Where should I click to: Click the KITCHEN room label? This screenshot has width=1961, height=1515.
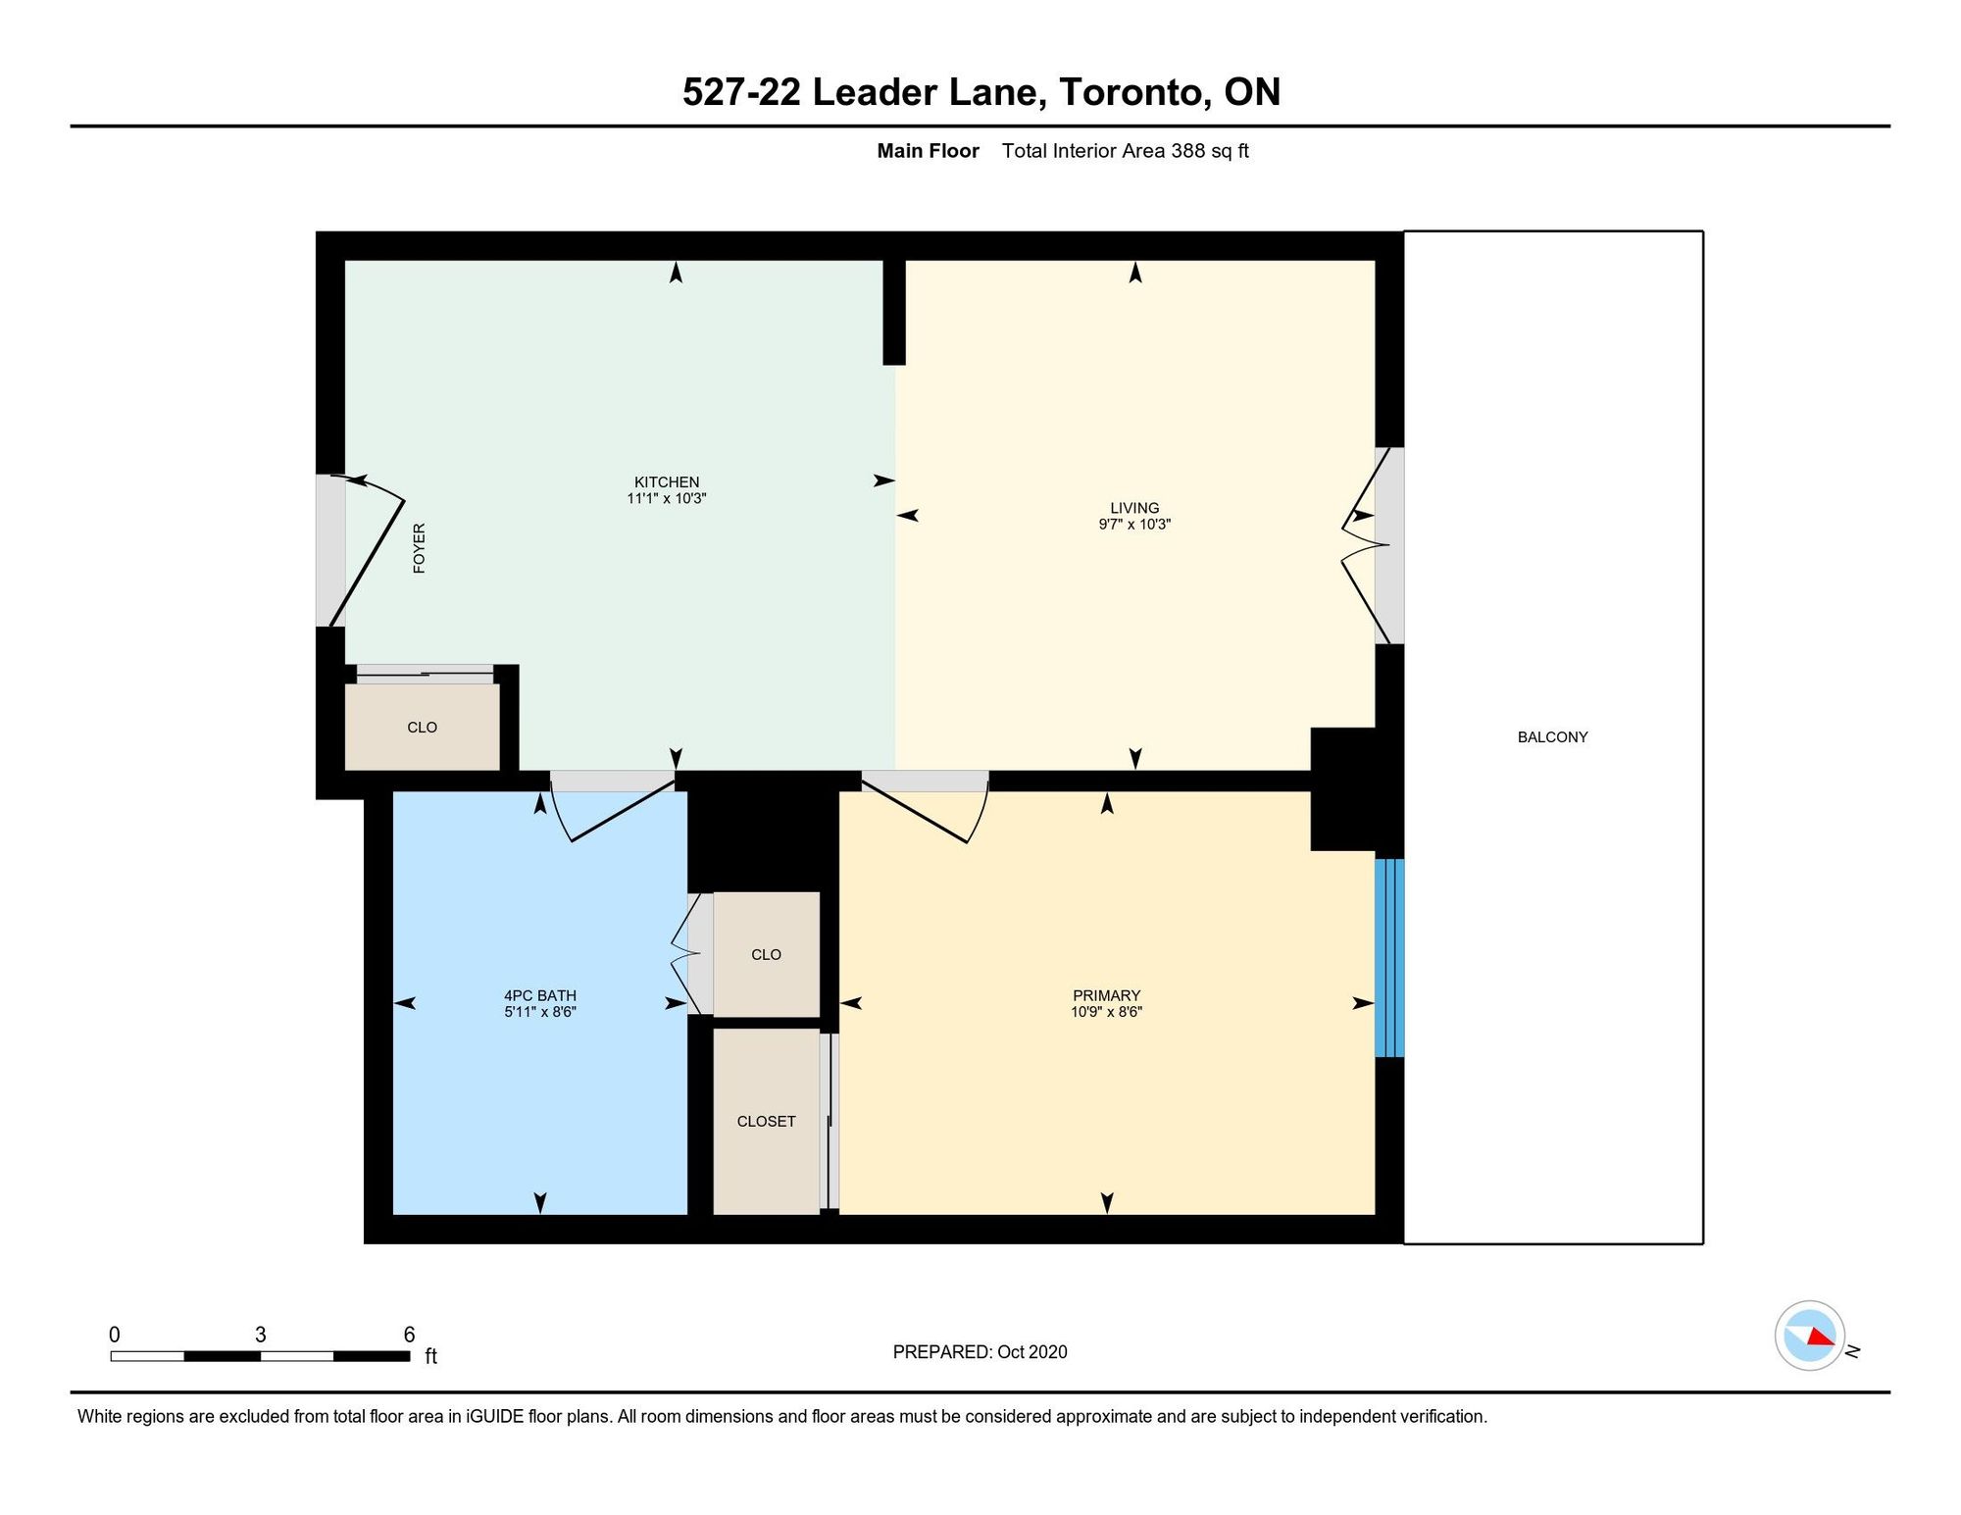(667, 481)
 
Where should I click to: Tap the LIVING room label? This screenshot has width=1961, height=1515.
(1134, 508)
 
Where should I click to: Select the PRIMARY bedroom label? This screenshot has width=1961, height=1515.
(1106, 995)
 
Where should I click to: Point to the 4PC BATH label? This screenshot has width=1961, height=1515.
(540, 995)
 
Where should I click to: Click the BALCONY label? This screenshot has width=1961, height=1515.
(1552, 737)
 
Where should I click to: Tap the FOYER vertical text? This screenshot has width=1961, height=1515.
(419, 548)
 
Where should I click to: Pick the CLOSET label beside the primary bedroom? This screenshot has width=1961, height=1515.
(766, 1121)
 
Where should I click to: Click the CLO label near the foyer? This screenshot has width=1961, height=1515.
(422, 728)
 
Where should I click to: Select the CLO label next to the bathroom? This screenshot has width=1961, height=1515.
(766, 954)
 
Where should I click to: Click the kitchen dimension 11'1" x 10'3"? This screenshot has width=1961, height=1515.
(667, 498)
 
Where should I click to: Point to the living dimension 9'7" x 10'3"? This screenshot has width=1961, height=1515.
(1134, 525)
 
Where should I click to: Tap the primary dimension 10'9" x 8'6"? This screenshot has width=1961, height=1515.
(1106, 1012)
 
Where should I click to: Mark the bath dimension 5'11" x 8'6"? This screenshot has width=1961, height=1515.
(540, 1012)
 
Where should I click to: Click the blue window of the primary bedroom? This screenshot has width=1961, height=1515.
(1389, 958)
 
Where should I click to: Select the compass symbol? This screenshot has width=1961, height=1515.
(1810, 1336)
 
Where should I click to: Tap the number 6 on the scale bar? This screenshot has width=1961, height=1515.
(409, 1335)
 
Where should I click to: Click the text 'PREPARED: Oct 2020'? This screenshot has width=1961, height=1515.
(980, 1351)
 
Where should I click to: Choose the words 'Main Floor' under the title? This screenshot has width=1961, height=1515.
(928, 151)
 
